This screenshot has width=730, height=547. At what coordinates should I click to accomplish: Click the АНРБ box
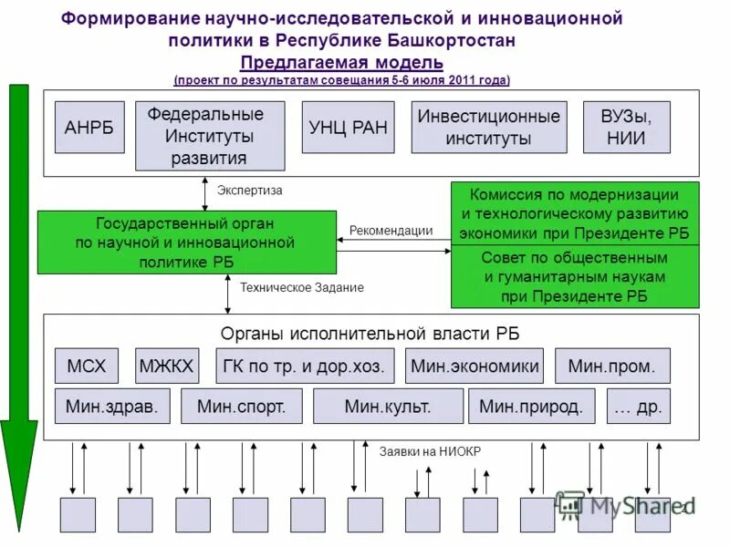coord(89,127)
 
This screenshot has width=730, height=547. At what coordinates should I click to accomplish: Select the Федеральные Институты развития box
coord(210,136)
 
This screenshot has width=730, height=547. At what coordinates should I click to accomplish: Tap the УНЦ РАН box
coord(348,127)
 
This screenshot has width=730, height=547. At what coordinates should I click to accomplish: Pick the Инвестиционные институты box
coord(488,127)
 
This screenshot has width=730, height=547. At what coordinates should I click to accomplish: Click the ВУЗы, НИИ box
coord(626,127)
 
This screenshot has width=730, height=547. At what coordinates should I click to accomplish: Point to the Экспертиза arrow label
coord(250,191)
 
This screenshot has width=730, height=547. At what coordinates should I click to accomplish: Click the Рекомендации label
coord(391,231)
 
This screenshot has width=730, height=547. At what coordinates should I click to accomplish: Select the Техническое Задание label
coord(302,288)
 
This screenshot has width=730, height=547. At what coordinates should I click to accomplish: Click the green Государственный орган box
coord(186,242)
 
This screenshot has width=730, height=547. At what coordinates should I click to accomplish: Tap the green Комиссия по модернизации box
coord(575,213)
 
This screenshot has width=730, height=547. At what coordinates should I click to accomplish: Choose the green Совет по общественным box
coord(575,276)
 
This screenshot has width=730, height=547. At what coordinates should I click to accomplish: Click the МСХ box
coord(87,366)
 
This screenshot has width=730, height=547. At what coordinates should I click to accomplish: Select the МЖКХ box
coord(167,366)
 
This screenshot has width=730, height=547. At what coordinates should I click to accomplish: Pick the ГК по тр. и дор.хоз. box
coord(305,366)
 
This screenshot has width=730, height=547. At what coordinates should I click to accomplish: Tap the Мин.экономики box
coord(474,366)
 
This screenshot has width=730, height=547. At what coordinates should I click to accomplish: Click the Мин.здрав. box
coord(112,407)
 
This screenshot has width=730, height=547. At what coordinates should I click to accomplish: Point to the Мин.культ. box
coord(387,407)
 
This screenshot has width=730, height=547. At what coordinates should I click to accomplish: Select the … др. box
coord(639,407)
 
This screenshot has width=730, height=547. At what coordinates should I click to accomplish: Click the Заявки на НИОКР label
coord(430,451)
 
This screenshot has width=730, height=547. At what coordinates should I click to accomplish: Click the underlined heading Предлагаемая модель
coord(342,62)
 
